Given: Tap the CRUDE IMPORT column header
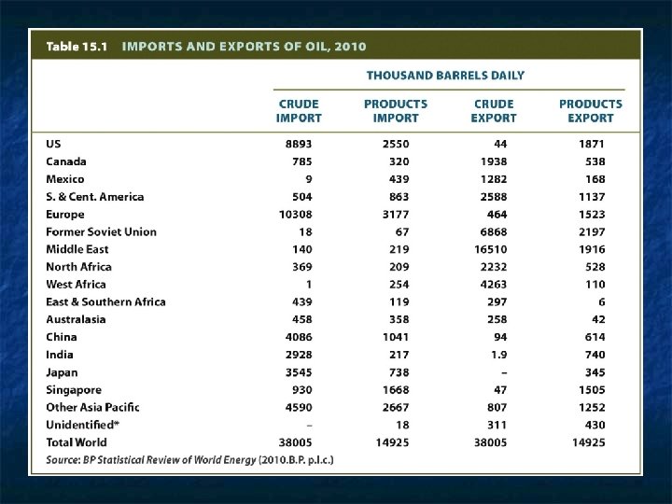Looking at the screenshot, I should [x=299, y=111].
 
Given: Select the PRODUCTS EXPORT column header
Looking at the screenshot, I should [x=591, y=111].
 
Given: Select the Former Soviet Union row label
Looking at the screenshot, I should [x=101, y=231].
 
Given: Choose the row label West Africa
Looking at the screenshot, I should [x=76, y=284].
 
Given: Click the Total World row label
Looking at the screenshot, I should [x=77, y=442].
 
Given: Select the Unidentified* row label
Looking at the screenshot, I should [x=81, y=425].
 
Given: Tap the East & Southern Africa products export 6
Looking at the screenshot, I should [x=601, y=301].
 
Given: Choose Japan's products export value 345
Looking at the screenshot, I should [x=595, y=371].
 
